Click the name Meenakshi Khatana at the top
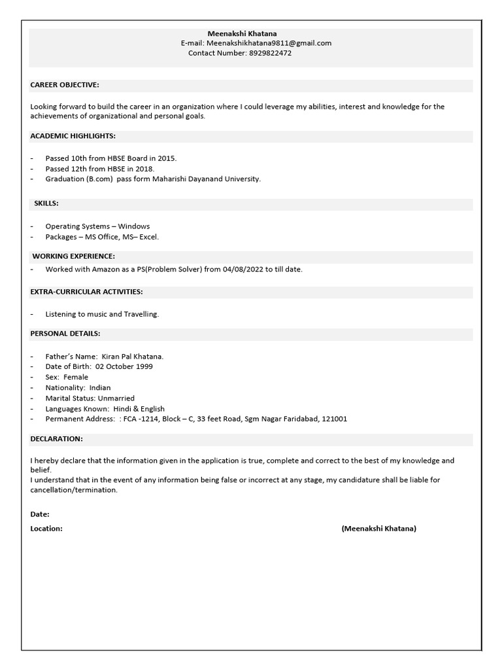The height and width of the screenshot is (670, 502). click(242, 33)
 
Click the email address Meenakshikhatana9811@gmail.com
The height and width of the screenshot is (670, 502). click(269, 43)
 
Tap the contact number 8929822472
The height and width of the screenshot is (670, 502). click(270, 53)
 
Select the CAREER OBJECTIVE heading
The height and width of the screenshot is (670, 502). click(65, 85)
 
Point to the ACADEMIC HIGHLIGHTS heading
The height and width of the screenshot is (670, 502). click(73, 136)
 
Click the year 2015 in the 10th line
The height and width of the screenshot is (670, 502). click(166, 158)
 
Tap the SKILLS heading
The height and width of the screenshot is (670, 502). click(46, 203)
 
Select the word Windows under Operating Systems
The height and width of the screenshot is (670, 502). click(134, 226)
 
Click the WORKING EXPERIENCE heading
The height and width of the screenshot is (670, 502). click(74, 256)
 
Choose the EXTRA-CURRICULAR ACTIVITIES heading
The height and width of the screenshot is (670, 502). click(86, 291)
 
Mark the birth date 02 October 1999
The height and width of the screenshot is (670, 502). click(124, 366)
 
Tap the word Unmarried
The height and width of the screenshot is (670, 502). click(116, 398)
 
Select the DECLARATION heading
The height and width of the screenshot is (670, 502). click(57, 438)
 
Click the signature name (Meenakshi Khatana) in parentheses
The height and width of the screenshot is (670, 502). click(378, 529)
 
